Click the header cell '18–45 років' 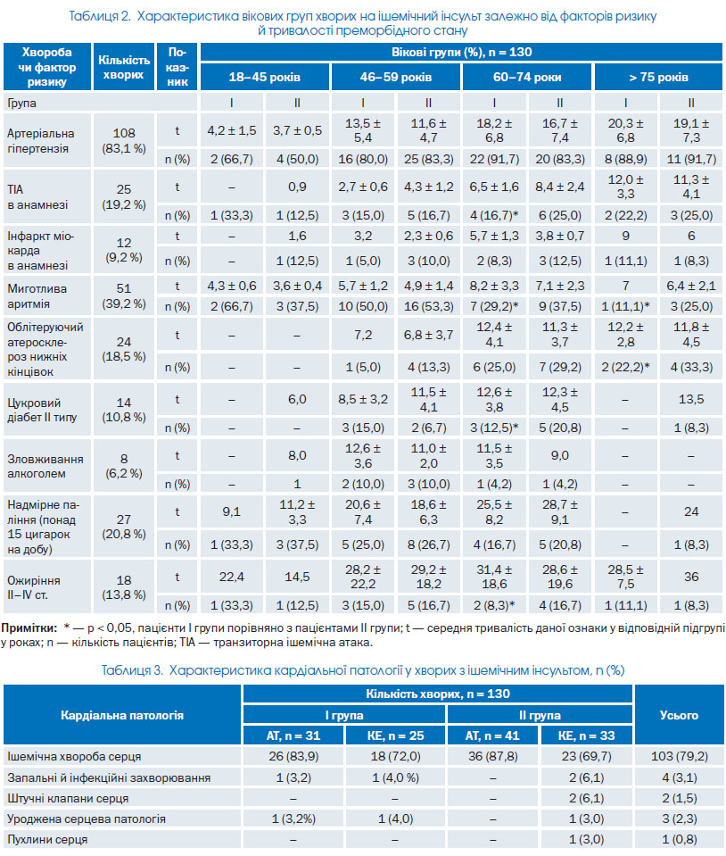pyautogui.click(x=265, y=77)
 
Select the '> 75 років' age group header pyautogui.click(x=658, y=77)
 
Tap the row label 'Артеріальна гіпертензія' pyautogui.click(x=41, y=141)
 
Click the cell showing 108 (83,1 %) pyautogui.click(x=124, y=140)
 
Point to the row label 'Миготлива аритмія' pyautogui.click(x=37, y=295)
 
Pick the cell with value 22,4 pyautogui.click(x=231, y=577)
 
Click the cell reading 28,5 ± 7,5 pyautogui.click(x=625, y=577)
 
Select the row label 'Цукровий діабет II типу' pyautogui.click(x=42, y=410)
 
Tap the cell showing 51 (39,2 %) pyautogui.click(x=124, y=295)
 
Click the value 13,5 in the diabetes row pyautogui.click(x=691, y=399)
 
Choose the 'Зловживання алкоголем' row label pyautogui.click(x=45, y=466)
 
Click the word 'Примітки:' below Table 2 pyautogui.click(x=29, y=627)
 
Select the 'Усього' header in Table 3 pyautogui.click(x=679, y=715)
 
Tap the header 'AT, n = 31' pyautogui.click(x=293, y=735)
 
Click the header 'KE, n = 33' pyautogui.click(x=586, y=735)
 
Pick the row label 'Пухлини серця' pyautogui.click(x=47, y=839)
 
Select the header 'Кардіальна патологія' pyautogui.click(x=122, y=715)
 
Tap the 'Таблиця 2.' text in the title pyautogui.click(x=100, y=16)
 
